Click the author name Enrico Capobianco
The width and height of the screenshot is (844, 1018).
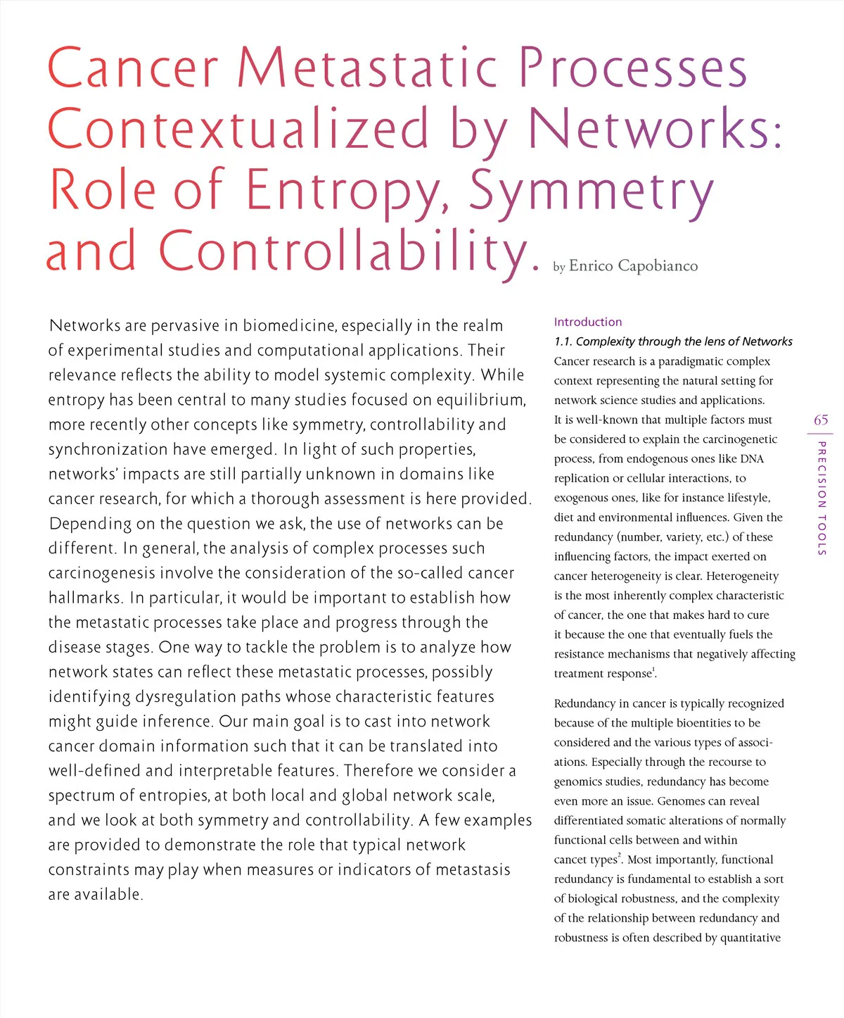coord(633,266)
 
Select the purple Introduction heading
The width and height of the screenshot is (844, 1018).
coord(588,322)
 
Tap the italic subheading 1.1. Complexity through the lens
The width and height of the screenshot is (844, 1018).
coord(673,341)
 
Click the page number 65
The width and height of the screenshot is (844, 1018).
coord(821,420)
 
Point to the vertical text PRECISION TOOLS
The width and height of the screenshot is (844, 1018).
coord(821,498)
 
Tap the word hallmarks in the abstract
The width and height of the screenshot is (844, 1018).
coord(84,598)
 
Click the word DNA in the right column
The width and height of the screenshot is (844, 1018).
coord(752,459)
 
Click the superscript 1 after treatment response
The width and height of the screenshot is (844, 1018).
coord(655,670)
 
